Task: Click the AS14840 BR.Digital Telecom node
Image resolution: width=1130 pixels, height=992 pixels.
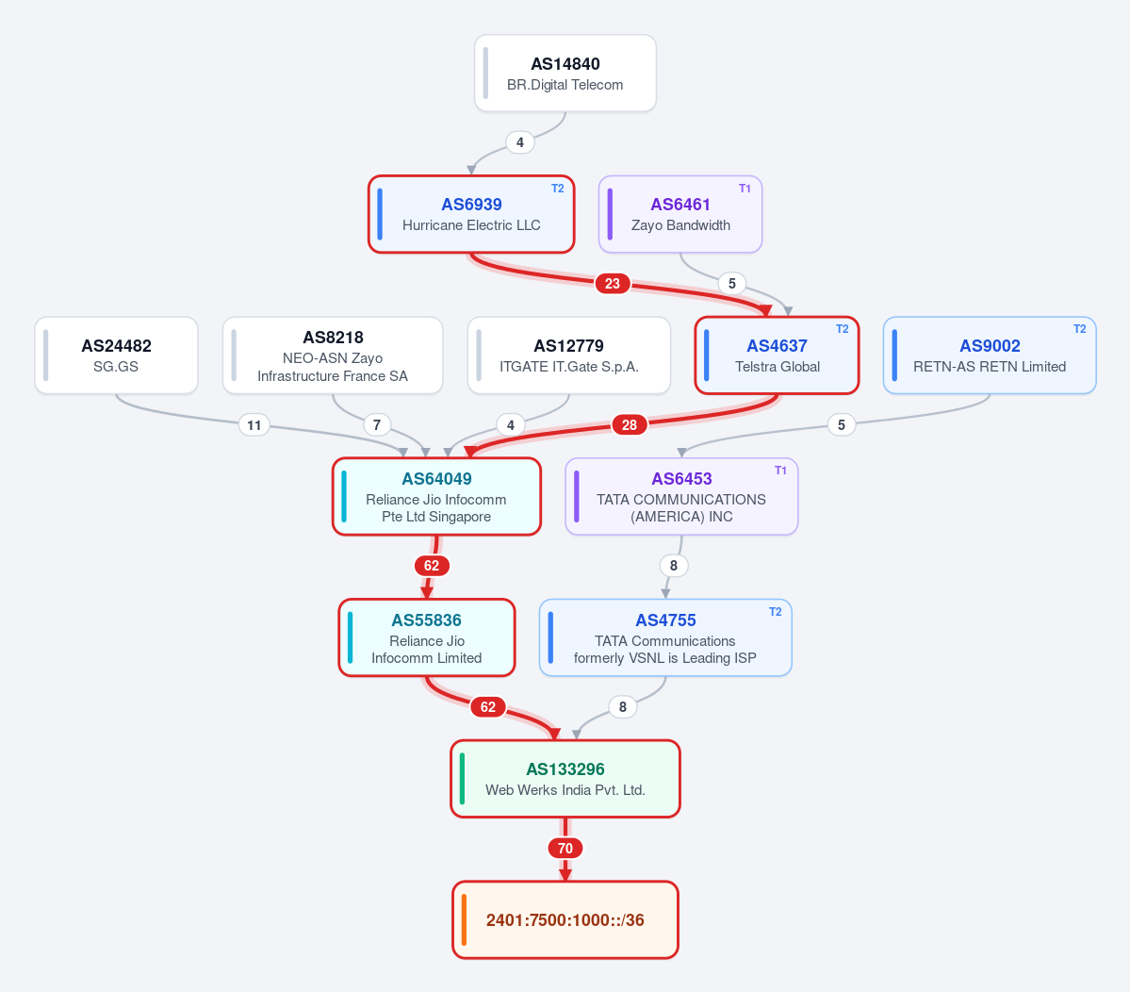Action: pos(565,74)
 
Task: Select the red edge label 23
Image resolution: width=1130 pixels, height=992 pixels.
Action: pos(613,283)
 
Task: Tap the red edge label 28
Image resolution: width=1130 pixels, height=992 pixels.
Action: pos(630,424)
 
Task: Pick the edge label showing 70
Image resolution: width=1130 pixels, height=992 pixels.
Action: pos(565,849)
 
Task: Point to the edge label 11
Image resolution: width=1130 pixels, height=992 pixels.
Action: pos(254,424)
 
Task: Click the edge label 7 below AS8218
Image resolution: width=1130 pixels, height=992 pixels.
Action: pos(376,424)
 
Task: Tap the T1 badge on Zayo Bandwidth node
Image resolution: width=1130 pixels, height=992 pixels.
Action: pos(745,189)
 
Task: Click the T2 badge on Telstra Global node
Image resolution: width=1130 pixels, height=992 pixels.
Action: pos(842,329)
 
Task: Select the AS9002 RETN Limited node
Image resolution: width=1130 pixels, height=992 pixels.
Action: pos(990,355)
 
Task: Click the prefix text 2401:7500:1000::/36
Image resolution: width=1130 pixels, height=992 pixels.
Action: pos(565,920)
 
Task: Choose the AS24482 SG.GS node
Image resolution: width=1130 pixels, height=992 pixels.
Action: pos(116,355)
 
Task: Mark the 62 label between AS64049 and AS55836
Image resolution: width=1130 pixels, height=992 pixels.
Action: pos(432,566)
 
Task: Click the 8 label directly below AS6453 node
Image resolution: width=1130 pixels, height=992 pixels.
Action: pos(673,566)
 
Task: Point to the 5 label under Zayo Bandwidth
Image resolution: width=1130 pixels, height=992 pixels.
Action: pos(731,283)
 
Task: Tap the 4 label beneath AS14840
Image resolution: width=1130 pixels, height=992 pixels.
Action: pos(519,142)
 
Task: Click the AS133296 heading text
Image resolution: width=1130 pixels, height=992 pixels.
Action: pos(565,769)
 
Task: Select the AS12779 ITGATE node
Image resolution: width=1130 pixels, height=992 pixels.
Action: pos(568,355)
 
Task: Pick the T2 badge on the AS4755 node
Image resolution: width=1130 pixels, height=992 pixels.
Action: pos(775,611)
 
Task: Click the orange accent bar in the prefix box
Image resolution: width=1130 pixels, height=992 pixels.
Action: pos(464,920)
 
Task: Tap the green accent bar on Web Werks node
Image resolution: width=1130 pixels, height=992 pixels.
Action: pos(462,779)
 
